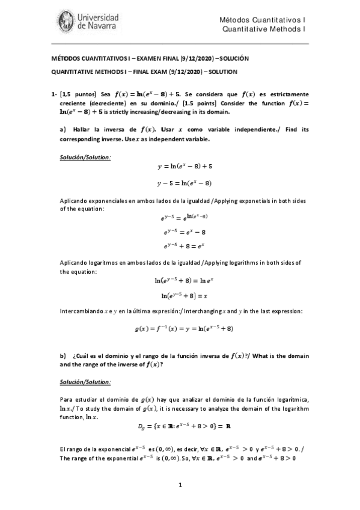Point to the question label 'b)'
[63, 355]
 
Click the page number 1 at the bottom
[180, 485]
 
